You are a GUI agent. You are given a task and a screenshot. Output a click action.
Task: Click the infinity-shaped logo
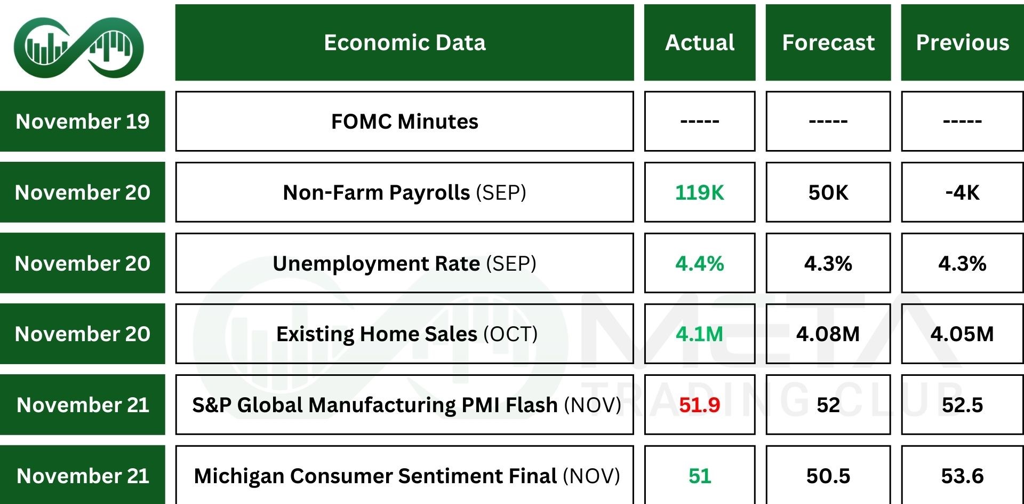78,47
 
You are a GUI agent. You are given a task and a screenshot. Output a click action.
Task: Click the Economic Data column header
404,43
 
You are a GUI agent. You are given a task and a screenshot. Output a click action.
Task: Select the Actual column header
699,43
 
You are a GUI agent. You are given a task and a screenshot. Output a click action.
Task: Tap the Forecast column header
828,43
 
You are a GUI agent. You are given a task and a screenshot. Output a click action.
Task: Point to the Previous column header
962,43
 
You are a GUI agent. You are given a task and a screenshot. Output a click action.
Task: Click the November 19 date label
83,121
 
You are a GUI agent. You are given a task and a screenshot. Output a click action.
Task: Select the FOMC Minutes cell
404,121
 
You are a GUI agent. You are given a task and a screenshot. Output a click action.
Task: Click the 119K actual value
699,192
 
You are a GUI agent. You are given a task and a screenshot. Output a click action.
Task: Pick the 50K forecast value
828,192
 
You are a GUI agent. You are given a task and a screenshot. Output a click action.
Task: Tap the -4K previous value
962,192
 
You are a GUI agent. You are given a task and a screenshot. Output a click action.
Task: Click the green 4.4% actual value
699,263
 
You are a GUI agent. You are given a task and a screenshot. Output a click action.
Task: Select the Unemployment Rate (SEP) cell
404,263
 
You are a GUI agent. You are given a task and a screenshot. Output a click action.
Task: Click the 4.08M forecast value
828,334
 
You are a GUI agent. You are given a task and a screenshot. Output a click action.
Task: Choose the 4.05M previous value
962,334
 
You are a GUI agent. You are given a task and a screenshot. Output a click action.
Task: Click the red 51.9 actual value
699,405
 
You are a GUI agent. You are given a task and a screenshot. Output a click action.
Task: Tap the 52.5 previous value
962,405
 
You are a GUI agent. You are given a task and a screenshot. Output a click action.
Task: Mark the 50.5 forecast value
828,476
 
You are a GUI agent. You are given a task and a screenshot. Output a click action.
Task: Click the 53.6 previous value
962,476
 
